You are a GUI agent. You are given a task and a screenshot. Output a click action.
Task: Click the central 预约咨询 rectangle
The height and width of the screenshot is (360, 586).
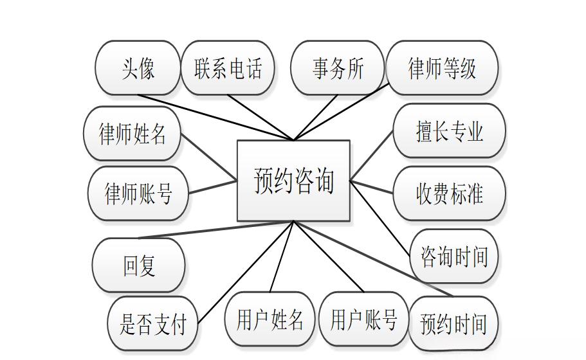[x=293, y=181]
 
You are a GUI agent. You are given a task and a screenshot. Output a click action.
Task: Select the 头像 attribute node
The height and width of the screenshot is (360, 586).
[x=138, y=68]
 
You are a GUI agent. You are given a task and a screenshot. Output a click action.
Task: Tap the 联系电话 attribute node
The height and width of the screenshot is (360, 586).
[x=228, y=68]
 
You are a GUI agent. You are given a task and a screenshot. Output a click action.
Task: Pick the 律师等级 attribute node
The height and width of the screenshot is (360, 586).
[x=443, y=68]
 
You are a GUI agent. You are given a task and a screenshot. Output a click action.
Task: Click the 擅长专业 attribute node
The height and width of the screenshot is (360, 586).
[x=449, y=130]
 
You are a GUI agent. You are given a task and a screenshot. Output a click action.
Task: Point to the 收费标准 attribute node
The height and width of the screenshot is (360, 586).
[x=449, y=194]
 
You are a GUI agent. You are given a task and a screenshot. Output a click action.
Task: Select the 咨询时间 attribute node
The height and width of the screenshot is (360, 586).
[x=454, y=256]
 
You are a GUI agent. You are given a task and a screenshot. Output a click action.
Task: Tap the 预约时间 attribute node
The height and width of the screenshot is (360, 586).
[x=453, y=324]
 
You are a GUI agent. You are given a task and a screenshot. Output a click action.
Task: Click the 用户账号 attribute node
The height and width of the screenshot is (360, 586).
[x=363, y=319]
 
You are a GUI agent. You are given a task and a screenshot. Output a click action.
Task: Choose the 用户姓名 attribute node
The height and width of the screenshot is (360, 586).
[x=270, y=319]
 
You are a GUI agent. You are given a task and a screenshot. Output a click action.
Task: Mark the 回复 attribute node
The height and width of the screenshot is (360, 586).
[x=139, y=265]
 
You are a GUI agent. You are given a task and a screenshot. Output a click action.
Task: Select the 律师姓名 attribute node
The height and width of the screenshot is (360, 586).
[x=133, y=134]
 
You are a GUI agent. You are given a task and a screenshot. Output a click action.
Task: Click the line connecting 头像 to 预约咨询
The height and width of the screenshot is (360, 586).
[x=215, y=118]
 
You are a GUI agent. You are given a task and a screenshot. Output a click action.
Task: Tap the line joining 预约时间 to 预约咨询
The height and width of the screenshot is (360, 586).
[x=373, y=258]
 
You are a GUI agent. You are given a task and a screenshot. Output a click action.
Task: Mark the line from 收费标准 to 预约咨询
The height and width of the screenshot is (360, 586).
[x=372, y=187]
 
